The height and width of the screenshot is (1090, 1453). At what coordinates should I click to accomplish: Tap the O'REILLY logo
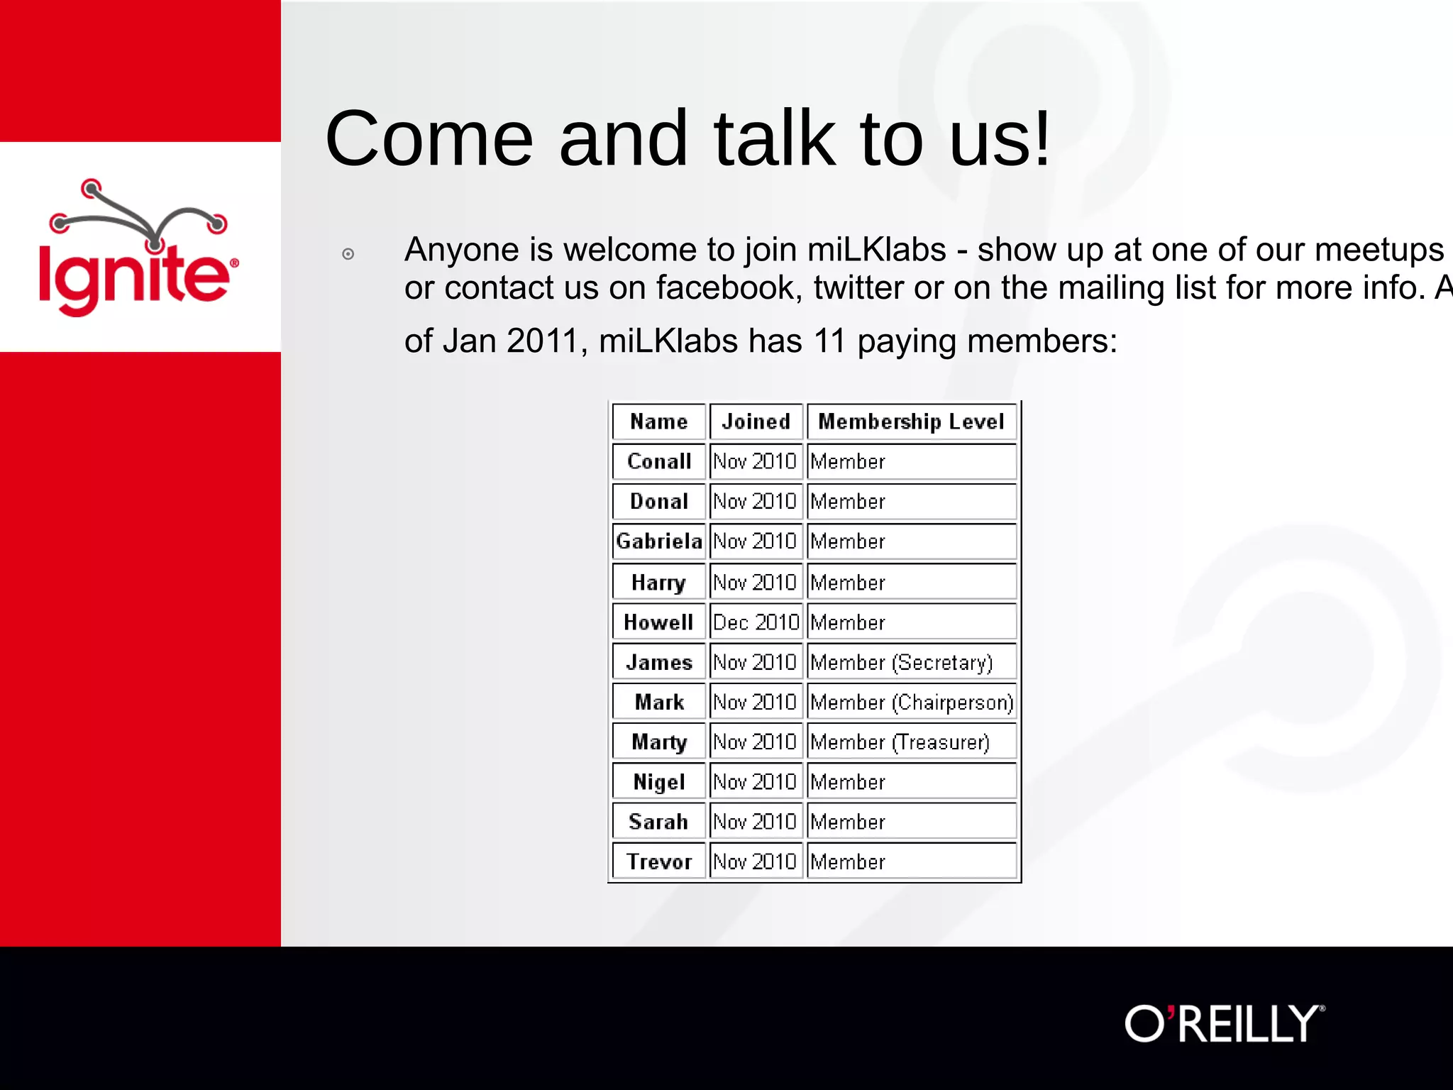coord(1224,1023)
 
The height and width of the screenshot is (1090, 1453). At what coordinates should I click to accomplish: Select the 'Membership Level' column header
coord(911,422)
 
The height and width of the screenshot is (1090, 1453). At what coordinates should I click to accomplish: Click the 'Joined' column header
coord(756,422)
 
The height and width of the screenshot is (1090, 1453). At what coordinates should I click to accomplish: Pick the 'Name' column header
coord(658,422)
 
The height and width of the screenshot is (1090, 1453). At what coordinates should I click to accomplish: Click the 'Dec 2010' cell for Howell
coord(756,622)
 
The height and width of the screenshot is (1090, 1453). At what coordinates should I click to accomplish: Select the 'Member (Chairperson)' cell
coord(911,702)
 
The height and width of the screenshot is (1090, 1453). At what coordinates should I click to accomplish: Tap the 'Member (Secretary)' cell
coord(901,662)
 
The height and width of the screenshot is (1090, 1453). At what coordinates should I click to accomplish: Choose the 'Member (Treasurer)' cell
coord(900,742)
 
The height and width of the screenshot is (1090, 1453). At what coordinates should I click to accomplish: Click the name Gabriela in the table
coord(658,541)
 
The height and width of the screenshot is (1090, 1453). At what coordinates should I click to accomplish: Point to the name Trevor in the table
coord(658,861)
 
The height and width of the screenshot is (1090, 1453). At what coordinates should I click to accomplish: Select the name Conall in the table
coord(658,461)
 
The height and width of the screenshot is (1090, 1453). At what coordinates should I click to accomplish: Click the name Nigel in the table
coord(658,782)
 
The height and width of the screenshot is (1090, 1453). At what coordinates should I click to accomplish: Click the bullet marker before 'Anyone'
coord(348,254)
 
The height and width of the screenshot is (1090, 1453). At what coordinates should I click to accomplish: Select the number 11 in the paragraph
coord(829,341)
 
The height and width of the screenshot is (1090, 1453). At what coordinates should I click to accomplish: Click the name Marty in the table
coord(658,742)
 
